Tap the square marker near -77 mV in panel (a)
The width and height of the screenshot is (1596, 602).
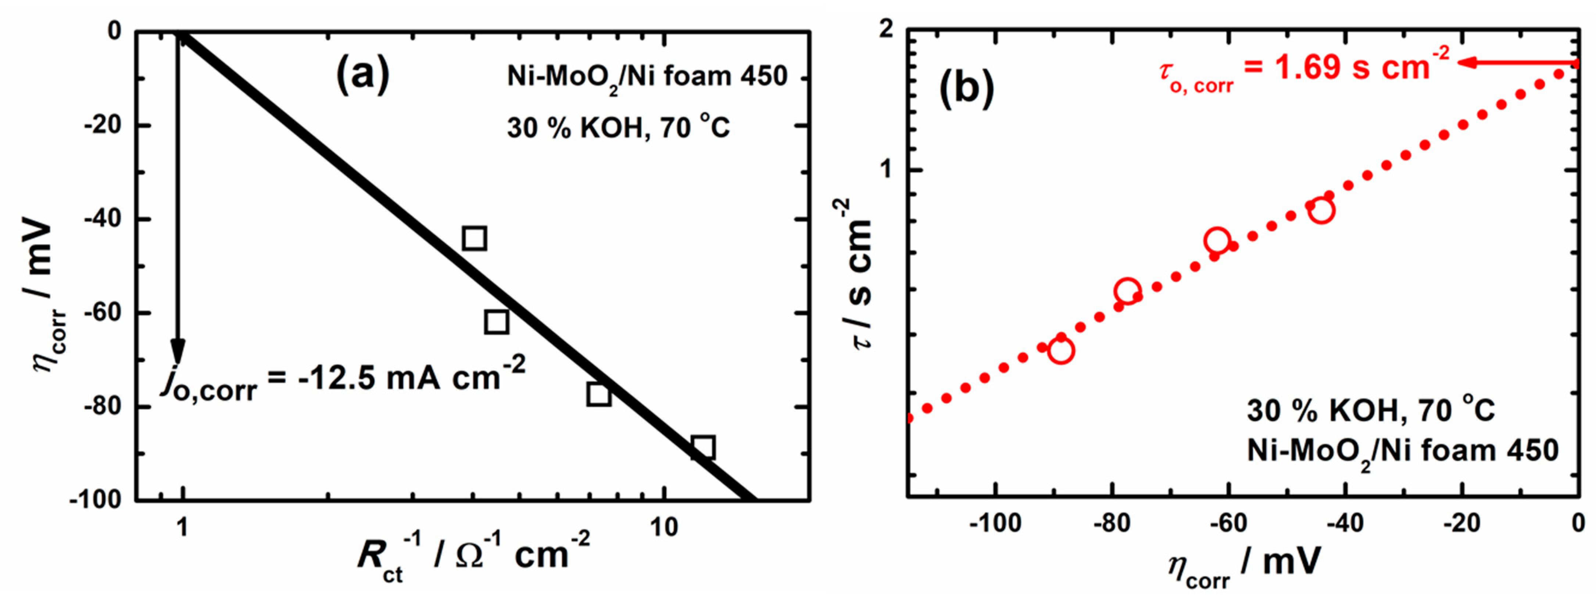(x=598, y=394)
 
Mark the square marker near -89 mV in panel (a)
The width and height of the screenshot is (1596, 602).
(x=702, y=447)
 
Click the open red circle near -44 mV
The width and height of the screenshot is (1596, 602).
(x=1321, y=210)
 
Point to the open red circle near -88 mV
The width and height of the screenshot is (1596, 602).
(x=1061, y=351)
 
